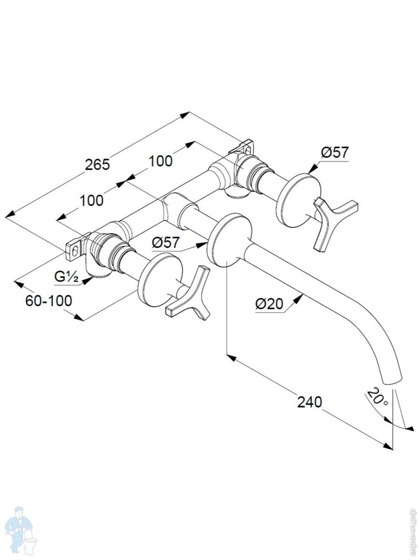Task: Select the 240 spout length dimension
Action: tap(310, 401)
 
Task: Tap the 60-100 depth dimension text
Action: tap(49, 301)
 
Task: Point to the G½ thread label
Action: tap(66, 276)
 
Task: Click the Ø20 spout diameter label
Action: tap(269, 304)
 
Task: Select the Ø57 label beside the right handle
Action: tap(335, 152)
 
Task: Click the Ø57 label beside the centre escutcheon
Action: tap(166, 242)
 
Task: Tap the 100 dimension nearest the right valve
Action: tap(161, 161)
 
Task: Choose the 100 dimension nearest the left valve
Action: tap(91, 200)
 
